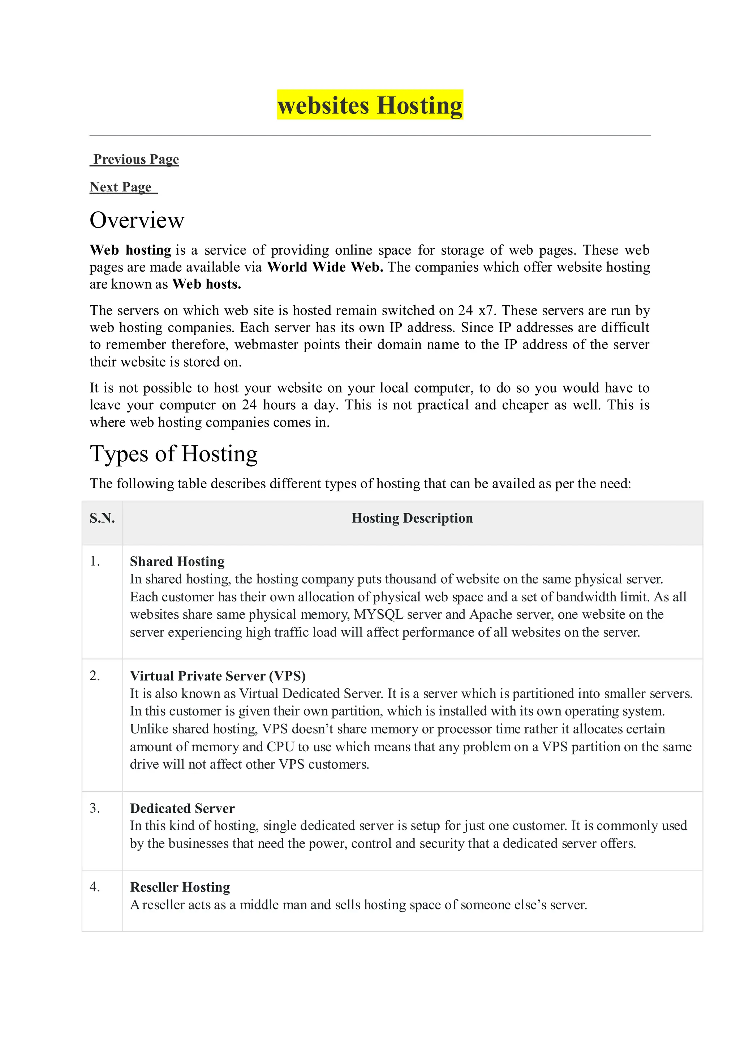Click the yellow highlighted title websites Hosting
pos(370,105)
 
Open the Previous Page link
pos(135,159)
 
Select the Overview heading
pos(137,220)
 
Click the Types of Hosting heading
pos(173,454)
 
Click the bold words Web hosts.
pos(206,284)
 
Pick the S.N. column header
pos(102,518)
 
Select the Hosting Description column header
pos(412,518)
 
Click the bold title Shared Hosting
pos(177,561)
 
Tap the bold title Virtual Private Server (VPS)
pos(218,676)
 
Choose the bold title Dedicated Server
pos(182,808)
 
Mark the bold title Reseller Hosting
pos(180,887)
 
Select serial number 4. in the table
pos(95,887)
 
